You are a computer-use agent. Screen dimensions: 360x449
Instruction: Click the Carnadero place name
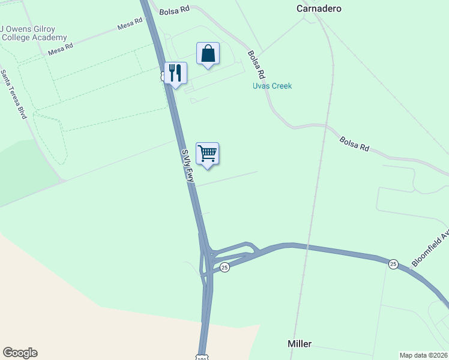coord(319,8)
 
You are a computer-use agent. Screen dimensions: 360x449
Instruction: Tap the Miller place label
coord(299,344)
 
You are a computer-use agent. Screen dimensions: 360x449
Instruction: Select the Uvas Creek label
coord(272,86)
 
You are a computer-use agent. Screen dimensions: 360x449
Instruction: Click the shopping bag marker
coord(208,54)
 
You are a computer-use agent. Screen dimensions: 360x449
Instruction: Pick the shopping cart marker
coord(207,154)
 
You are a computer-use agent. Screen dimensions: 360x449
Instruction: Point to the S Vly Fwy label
coord(188,166)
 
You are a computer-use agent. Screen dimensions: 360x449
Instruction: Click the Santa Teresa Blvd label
coord(14,94)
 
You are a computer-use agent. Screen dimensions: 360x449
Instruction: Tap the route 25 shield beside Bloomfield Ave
coord(393,264)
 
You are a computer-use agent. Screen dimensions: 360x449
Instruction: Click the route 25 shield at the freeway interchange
coord(224,268)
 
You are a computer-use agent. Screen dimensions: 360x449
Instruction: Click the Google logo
coord(20,353)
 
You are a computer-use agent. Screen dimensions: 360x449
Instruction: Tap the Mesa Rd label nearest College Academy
coord(61,49)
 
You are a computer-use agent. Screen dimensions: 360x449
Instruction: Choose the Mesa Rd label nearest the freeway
coord(130,24)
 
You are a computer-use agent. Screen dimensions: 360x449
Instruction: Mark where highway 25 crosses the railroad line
coord(307,246)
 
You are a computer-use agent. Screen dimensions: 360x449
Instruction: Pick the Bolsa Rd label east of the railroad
coord(354,144)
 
